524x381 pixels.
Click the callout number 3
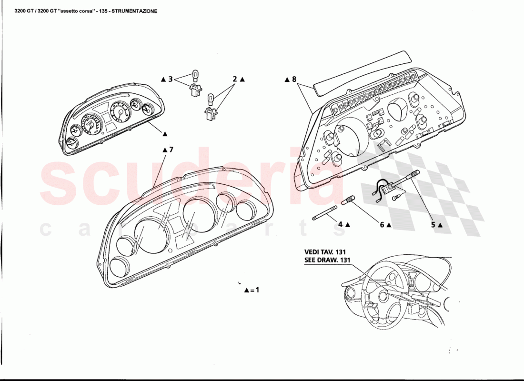pyautogui.click(x=170, y=79)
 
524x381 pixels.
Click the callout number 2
pyautogui.click(x=235, y=79)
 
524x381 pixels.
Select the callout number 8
pyautogui.click(x=294, y=79)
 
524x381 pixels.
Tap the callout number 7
pyautogui.click(x=171, y=150)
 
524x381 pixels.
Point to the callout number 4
pyautogui.click(x=340, y=224)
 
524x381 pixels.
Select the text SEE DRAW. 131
pyautogui.click(x=328, y=260)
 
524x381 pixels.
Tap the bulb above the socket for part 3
pyautogui.click(x=194, y=75)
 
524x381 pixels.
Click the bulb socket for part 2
pyautogui.click(x=210, y=113)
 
